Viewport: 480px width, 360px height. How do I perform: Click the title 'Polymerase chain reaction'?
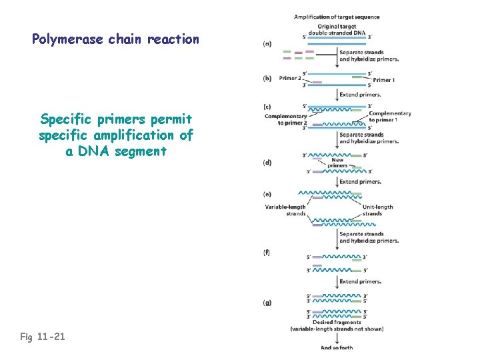click(115, 39)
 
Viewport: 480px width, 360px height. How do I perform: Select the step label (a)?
click(267, 44)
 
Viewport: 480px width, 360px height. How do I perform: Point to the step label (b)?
click(267, 78)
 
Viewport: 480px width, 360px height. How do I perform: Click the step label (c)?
click(267, 107)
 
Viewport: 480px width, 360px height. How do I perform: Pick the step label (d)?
click(267, 162)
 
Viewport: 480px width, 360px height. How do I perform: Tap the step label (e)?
click(267, 194)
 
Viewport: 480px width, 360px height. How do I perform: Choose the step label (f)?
click(267, 253)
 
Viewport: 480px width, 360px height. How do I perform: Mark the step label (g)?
click(267, 303)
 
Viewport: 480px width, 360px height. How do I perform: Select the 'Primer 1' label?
click(383, 80)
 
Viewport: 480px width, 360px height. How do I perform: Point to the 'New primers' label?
click(337, 163)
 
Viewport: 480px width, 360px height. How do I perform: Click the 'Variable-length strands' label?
click(285, 210)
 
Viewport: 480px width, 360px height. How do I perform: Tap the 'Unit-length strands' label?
click(377, 210)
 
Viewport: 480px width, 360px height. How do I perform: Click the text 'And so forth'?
click(337, 347)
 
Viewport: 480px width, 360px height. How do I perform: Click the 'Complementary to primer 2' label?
click(285, 119)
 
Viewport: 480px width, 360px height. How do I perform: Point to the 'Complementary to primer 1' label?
click(390, 117)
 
